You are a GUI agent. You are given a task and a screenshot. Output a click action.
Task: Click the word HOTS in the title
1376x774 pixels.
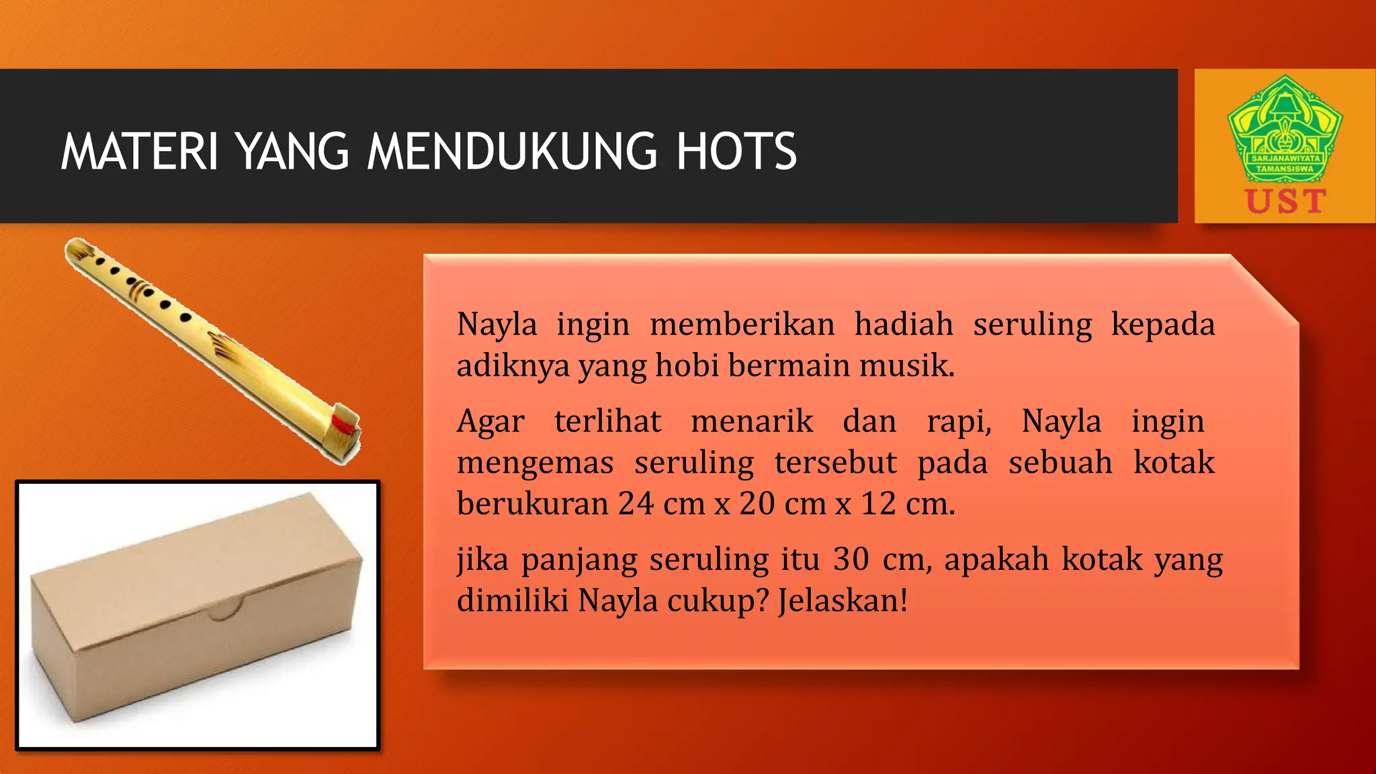click(x=736, y=152)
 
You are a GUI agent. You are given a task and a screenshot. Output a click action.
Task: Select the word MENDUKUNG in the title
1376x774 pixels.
click(x=511, y=152)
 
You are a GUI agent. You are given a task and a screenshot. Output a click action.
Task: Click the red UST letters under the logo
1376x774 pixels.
click(x=1285, y=202)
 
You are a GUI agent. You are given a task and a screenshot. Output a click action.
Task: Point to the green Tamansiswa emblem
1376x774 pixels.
click(x=1285, y=130)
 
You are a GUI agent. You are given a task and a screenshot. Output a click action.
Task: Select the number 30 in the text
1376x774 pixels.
click(x=851, y=559)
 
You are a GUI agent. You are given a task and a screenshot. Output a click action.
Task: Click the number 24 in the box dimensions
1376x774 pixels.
click(x=636, y=503)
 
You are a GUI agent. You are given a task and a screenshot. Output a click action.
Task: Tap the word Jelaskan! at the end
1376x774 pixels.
click(x=843, y=600)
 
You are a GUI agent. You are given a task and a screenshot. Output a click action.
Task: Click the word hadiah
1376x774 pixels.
click(x=904, y=325)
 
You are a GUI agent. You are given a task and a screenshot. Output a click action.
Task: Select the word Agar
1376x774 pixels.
click(x=490, y=423)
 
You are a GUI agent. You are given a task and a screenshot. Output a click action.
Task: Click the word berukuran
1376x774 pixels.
click(x=532, y=503)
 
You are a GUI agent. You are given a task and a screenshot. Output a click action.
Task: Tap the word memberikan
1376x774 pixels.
click(x=742, y=325)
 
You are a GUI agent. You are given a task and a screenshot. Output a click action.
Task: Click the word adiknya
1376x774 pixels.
click(x=513, y=366)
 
